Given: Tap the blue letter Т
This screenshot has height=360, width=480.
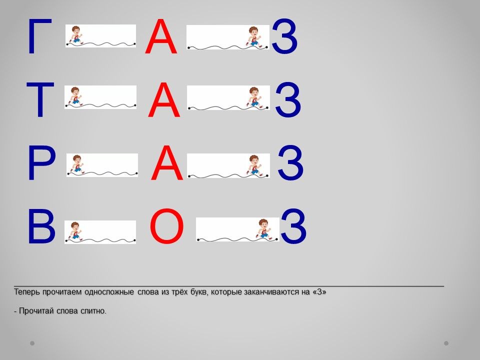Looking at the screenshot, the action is [x=40, y=99].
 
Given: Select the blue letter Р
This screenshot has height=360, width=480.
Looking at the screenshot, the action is [x=41, y=163].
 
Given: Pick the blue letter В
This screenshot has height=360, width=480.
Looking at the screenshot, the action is [x=41, y=226].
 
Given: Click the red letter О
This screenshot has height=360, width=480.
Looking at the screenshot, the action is [x=167, y=226].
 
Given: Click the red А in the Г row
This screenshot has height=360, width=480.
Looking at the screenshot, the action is [x=161, y=36].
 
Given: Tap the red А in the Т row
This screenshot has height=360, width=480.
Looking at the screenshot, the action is [x=164, y=99].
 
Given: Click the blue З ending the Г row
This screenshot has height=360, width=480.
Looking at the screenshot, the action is [x=284, y=36].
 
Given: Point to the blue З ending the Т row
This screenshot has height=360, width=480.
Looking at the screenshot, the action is [x=288, y=99].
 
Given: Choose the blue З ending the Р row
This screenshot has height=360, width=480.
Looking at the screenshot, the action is [x=290, y=162].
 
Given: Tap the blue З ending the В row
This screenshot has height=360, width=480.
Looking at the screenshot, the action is [x=293, y=226].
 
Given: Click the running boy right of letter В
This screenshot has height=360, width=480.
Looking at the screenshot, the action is [x=75, y=231].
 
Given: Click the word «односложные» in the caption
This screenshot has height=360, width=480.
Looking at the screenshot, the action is [x=109, y=292].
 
